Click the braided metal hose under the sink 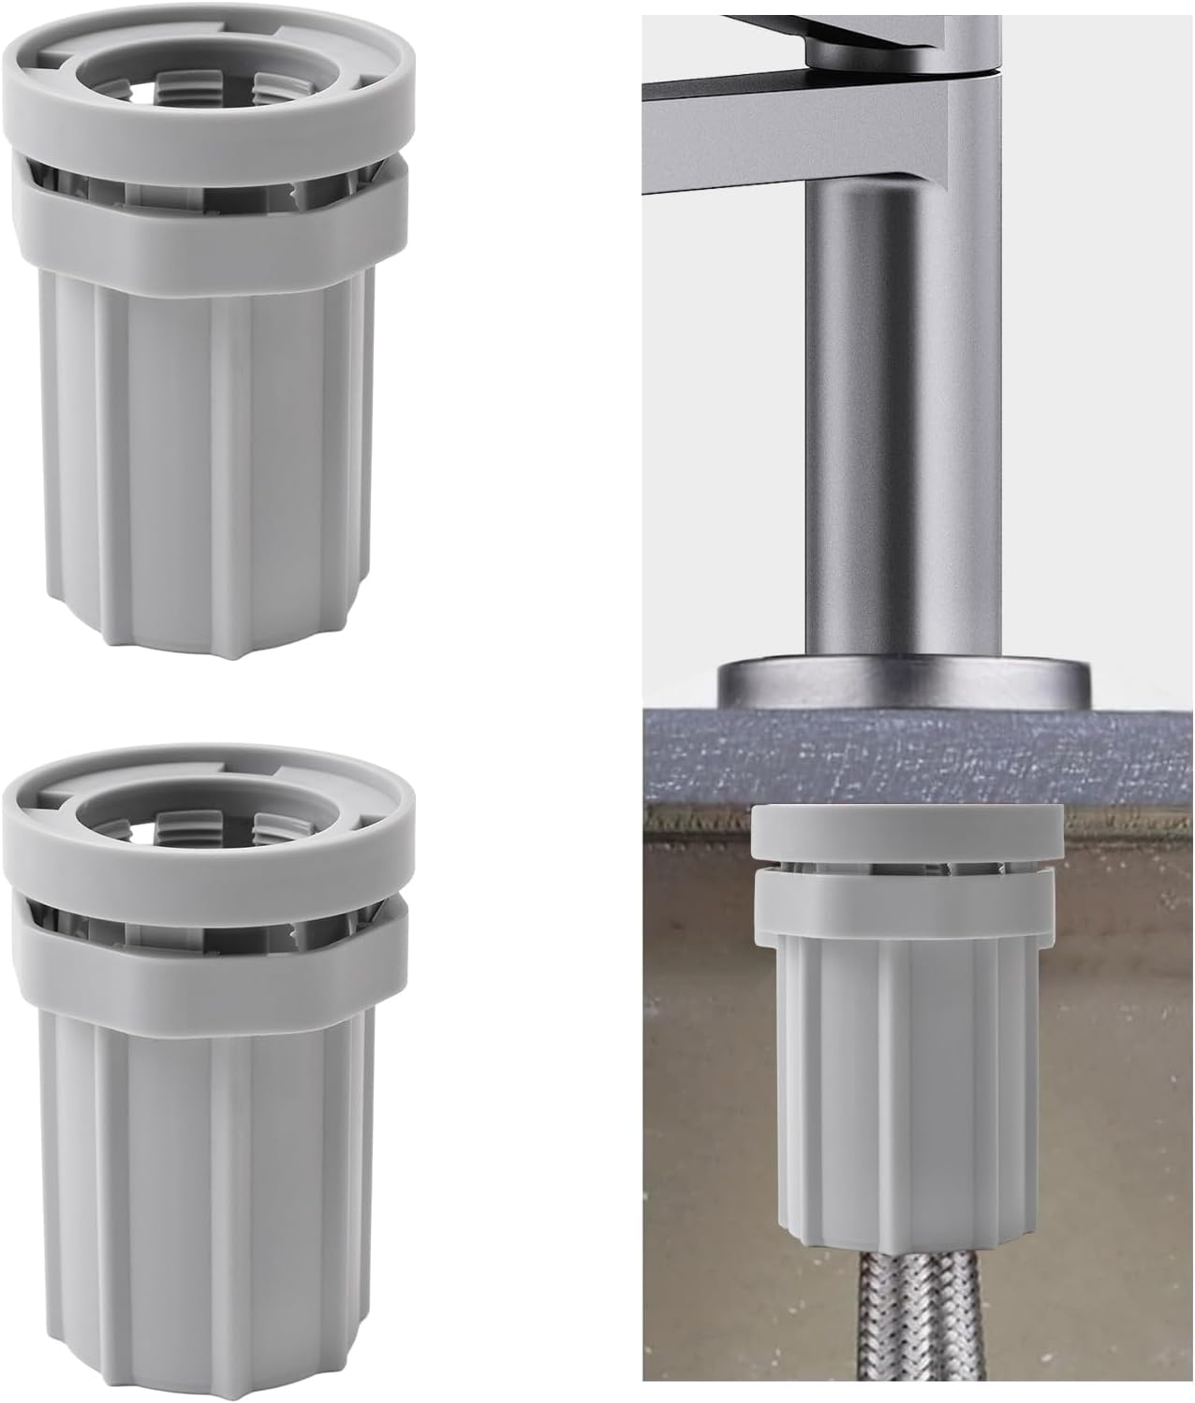[906, 1320]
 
